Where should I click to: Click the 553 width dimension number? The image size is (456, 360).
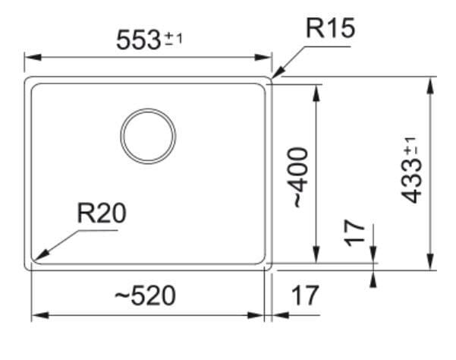pos(138,39)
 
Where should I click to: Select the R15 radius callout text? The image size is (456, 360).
pos(330,28)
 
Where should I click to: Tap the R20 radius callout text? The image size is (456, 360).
pos(102,213)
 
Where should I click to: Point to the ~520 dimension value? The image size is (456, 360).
pos(145,295)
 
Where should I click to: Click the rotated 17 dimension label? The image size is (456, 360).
pos(354,233)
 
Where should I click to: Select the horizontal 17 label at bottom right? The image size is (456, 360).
pos(305,295)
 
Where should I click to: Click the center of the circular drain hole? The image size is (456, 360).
pos(148,136)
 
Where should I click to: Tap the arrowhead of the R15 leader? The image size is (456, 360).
pos(278,72)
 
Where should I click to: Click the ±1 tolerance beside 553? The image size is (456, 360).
pos(174,39)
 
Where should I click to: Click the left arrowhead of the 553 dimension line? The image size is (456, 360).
pos(33,57)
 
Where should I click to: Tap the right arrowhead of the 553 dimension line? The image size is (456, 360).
pos(263,57)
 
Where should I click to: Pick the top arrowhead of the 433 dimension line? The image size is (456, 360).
pos(430,85)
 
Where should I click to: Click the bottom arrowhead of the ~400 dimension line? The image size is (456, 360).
pos(316,254)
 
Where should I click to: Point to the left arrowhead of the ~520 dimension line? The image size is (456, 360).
pos(40,315)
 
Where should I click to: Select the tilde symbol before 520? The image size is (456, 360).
pos(122,296)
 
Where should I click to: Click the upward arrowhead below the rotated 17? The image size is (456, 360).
pos(374,279)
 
